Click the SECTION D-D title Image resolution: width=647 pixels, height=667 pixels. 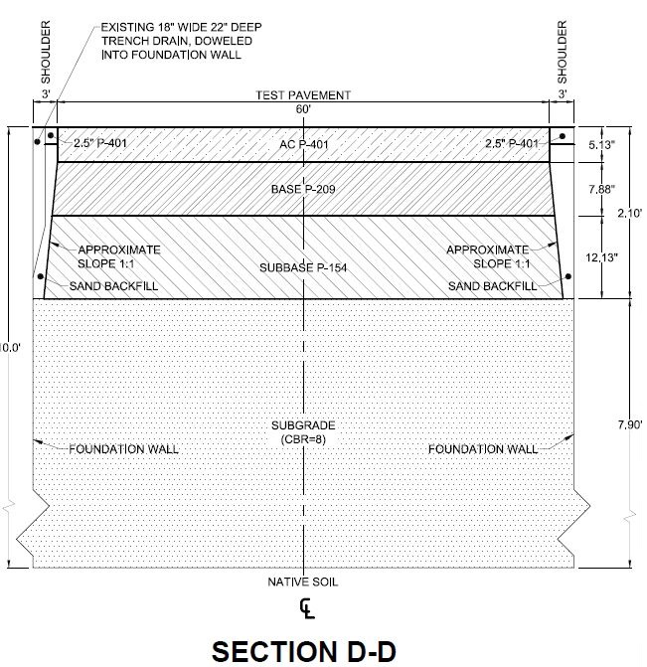click(x=304, y=651)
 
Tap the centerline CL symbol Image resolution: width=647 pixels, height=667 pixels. click(x=307, y=608)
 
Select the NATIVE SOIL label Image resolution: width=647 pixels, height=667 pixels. click(x=303, y=582)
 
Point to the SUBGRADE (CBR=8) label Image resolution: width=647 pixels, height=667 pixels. click(x=303, y=432)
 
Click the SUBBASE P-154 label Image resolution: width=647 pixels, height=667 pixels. click(x=303, y=267)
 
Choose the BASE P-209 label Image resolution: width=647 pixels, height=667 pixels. click(x=303, y=189)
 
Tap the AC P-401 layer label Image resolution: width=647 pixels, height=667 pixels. click(x=304, y=144)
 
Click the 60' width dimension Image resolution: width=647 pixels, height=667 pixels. click(x=303, y=109)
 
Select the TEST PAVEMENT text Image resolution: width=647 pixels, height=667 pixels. click(x=303, y=94)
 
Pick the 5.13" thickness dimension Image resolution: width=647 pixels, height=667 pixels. click(x=601, y=145)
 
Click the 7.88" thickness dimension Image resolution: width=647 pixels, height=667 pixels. click(x=601, y=189)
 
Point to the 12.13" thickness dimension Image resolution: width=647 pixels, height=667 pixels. click(x=601, y=257)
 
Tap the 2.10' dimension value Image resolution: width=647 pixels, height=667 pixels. click(x=630, y=213)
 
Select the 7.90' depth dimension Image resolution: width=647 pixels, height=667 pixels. click(x=630, y=424)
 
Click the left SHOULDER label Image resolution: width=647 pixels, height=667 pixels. click(x=46, y=52)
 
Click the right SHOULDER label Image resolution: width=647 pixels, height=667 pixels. click(x=562, y=52)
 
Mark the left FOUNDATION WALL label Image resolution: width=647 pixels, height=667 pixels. click(x=123, y=449)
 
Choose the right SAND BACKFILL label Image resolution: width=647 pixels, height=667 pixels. click(x=492, y=286)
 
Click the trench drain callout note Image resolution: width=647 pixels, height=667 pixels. click(x=181, y=41)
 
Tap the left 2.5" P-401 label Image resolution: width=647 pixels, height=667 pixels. click(x=100, y=143)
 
